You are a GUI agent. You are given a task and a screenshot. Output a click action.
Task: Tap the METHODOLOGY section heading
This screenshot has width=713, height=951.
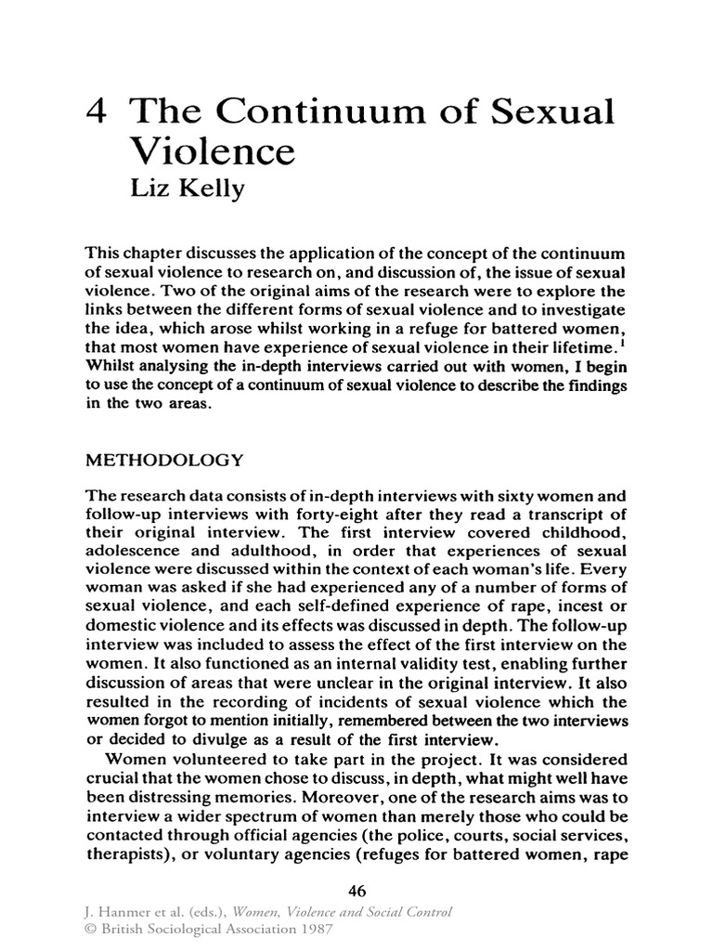164,461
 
